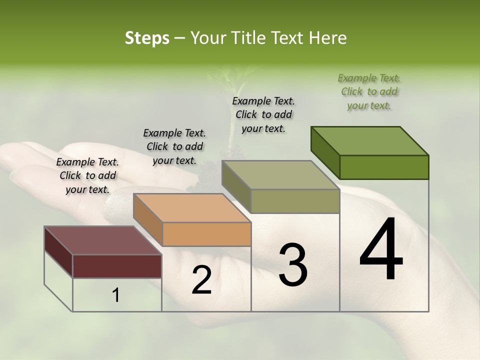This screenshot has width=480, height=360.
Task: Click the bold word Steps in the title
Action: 147,38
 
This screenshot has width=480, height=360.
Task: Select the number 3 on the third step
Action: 293,264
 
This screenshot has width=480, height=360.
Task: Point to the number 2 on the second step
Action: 201,279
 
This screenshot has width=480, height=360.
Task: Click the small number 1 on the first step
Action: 116,295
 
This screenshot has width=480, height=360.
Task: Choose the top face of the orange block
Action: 192,207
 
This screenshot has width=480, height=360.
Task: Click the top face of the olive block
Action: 280,175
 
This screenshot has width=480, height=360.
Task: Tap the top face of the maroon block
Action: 103,240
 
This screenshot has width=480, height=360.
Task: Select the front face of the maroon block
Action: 117,266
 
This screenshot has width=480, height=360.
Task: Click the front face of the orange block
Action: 206,234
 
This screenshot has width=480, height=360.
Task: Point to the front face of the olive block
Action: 295,201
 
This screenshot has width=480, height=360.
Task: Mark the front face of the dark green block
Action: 384,167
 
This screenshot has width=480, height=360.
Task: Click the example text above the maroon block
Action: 87,175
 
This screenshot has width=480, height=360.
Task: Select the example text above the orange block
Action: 174,146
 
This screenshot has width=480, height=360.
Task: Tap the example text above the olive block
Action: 263,114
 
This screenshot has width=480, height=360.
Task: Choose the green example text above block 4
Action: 369,91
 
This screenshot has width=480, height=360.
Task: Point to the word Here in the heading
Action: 328,38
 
